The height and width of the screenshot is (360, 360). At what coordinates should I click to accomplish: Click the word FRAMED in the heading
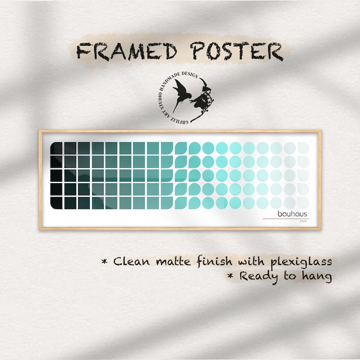(x=127, y=52)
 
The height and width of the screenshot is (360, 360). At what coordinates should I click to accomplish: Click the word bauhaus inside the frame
(x=292, y=214)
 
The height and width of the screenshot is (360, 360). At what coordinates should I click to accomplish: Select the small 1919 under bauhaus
(x=303, y=221)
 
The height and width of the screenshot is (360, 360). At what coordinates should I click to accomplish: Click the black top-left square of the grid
(x=56, y=148)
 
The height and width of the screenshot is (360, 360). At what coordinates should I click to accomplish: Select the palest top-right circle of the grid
(x=303, y=148)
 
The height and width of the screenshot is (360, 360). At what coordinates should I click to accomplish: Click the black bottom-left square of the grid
(x=56, y=203)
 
